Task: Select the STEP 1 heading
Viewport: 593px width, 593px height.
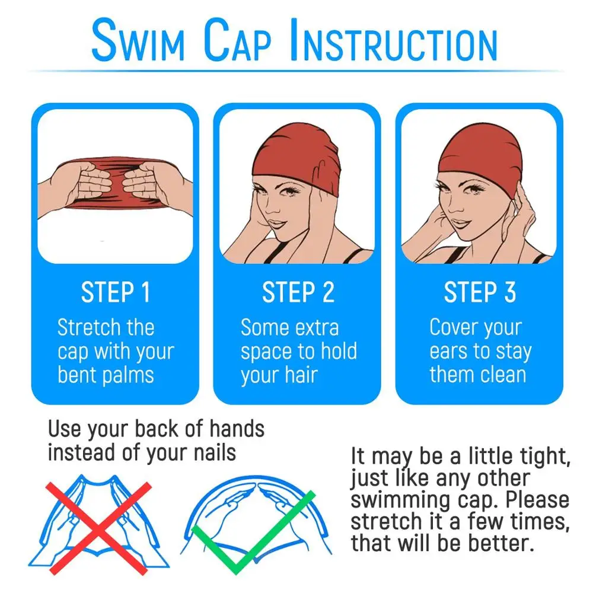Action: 116,292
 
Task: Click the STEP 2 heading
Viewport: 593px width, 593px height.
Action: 298,292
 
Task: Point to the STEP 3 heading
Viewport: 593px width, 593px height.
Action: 480,292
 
